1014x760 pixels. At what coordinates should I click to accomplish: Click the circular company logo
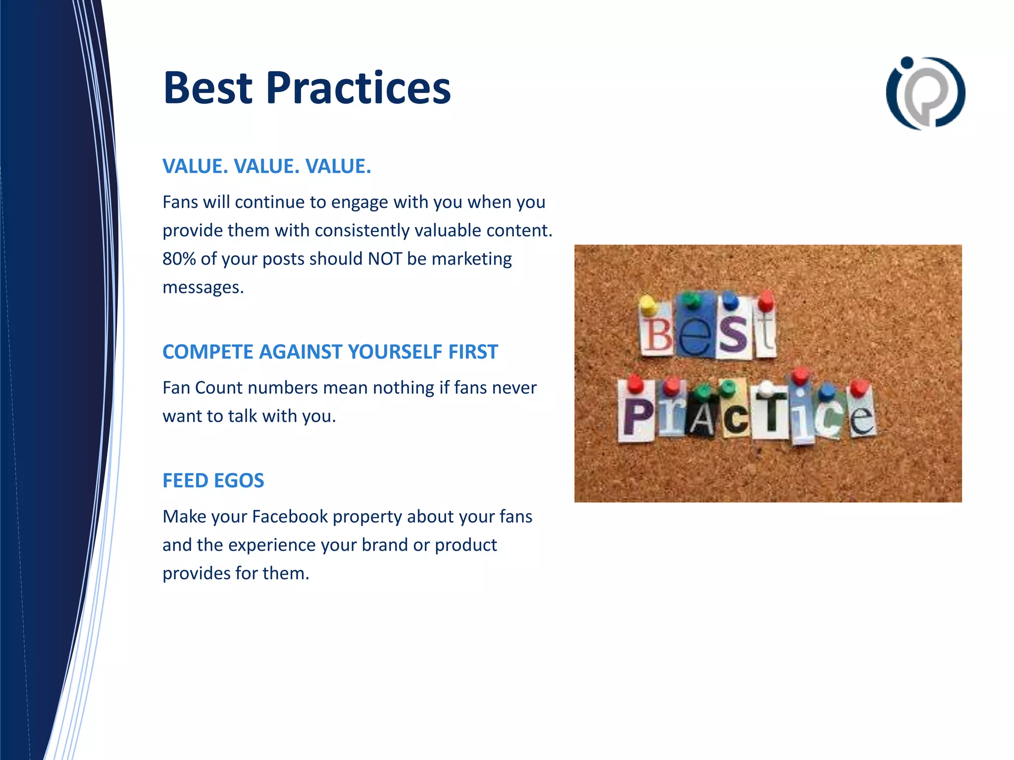pyautogui.click(x=925, y=93)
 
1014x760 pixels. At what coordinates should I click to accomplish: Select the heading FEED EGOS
pyautogui.click(x=213, y=480)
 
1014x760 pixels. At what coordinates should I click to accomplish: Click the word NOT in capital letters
pyautogui.click(x=385, y=259)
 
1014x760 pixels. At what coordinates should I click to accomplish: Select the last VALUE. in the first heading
pyautogui.click(x=338, y=166)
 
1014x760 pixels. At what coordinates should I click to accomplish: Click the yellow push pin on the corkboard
pyautogui.click(x=647, y=304)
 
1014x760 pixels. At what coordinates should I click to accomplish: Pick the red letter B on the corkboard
pyautogui.click(x=657, y=334)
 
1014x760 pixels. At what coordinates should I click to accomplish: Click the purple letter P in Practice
pyautogui.click(x=637, y=417)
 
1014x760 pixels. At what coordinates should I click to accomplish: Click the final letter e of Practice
pyautogui.click(x=862, y=418)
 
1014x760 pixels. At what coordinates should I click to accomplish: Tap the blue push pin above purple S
pyautogui.click(x=730, y=300)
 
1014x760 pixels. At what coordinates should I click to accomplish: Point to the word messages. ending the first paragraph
pyautogui.click(x=203, y=287)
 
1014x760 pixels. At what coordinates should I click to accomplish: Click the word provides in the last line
pyautogui.click(x=196, y=573)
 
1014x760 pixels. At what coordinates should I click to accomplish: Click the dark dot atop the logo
pyautogui.click(x=907, y=62)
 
